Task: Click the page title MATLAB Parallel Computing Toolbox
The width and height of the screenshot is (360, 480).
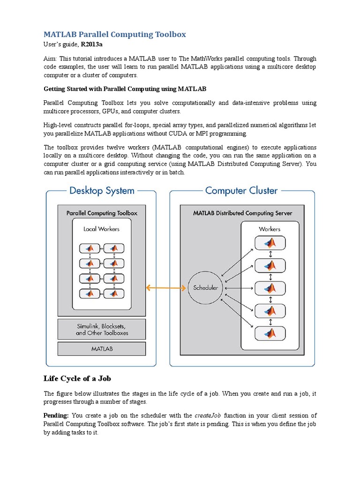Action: point(114,34)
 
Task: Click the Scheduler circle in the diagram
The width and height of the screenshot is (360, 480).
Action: point(206,288)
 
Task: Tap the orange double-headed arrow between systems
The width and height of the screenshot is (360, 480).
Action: point(166,288)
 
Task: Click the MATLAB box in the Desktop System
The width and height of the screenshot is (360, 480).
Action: point(102,349)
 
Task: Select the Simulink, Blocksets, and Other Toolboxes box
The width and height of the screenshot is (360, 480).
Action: point(102,329)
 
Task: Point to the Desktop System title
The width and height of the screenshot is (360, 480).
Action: point(102,191)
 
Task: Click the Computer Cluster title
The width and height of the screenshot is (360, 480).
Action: point(241,191)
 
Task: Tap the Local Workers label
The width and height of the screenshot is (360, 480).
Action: point(102,229)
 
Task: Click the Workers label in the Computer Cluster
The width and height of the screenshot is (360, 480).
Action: point(270,229)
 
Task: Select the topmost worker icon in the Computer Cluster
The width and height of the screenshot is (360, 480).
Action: point(270,243)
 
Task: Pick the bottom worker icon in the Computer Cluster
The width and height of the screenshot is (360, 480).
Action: point(270,333)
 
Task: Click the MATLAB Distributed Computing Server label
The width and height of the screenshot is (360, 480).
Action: point(242,213)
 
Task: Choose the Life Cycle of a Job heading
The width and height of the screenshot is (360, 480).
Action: point(78,378)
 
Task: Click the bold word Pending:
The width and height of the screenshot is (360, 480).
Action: point(56,415)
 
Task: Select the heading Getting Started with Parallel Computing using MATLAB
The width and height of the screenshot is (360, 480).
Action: point(125,88)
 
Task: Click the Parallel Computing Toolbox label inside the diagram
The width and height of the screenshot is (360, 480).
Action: point(102,213)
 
